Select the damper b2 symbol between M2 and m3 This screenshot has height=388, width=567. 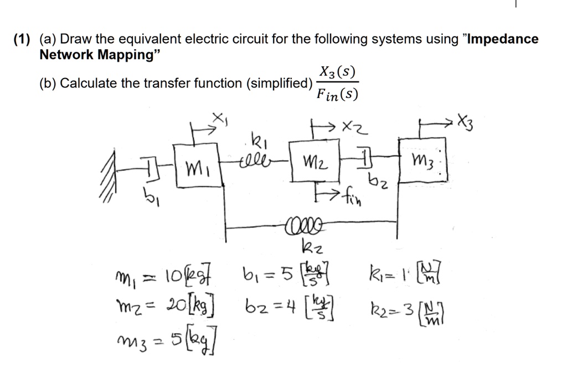point(364,158)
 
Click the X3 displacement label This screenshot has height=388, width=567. point(466,121)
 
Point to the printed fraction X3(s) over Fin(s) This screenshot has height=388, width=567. point(337,83)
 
